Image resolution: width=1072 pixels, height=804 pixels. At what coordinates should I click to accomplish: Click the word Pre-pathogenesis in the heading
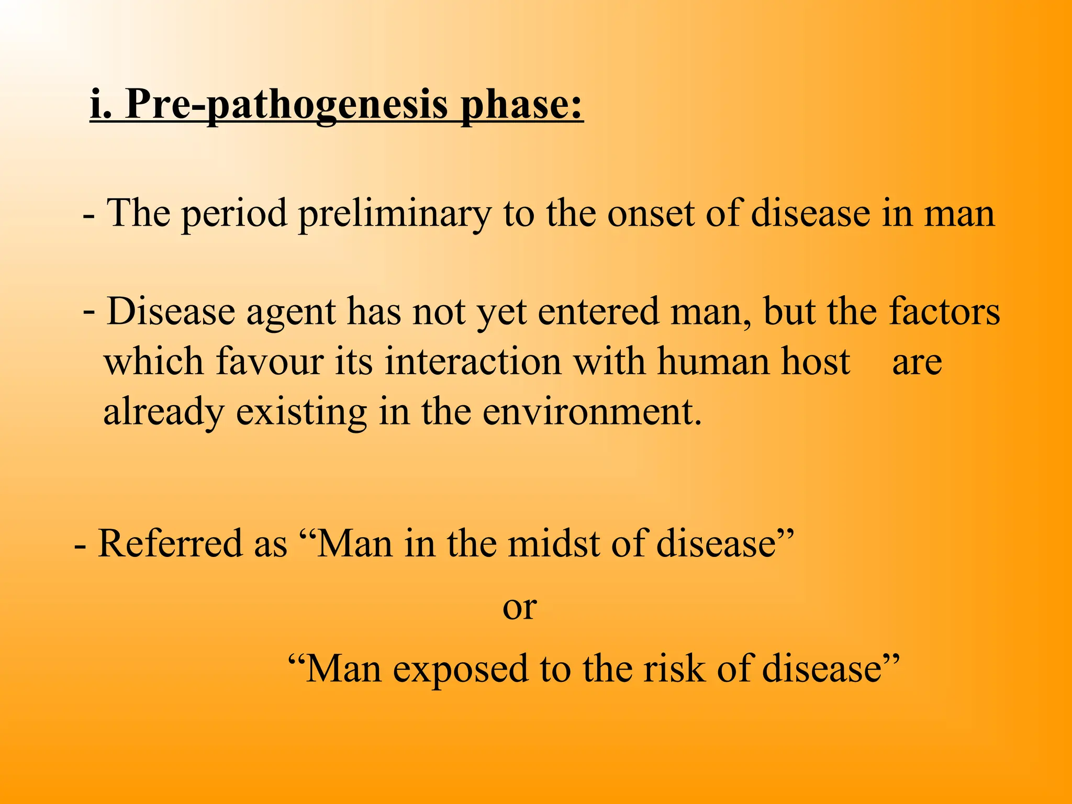(x=286, y=105)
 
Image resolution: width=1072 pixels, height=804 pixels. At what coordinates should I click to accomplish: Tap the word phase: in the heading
(x=521, y=105)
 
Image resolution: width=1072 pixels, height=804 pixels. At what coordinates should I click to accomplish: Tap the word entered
(x=598, y=312)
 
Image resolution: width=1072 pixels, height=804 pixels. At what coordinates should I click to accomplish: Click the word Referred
(x=170, y=543)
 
